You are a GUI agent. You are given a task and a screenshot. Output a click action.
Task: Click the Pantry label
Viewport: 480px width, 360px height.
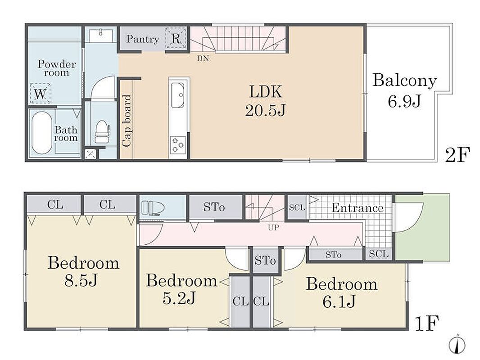click(x=143, y=39)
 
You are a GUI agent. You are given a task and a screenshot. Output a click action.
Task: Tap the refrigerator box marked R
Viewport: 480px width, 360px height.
click(x=176, y=38)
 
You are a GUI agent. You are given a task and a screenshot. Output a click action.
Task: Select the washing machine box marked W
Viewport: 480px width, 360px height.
click(x=40, y=93)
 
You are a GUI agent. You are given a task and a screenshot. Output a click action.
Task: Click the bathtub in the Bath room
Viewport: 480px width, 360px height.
click(x=42, y=132)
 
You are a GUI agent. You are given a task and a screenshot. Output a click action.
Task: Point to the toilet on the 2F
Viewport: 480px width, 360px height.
click(x=102, y=131)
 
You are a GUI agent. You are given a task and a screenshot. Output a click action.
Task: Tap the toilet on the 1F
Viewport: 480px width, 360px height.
click(x=153, y=208)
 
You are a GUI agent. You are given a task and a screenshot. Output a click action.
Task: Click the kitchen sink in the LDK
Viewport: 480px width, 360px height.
click(x=177, y=95)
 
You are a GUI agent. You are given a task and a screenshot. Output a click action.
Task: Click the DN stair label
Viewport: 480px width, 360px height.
click(x=203, y=58)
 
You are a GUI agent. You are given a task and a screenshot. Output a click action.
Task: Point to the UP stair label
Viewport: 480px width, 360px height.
click(x=273, y=228)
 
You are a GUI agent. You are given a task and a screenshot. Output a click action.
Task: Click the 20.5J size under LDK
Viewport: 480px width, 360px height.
click(x=265, y=110)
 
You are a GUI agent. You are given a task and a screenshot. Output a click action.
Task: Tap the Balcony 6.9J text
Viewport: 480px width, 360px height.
click(x=404, y=90)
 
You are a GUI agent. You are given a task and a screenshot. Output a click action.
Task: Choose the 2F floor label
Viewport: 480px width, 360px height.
click(x=457, y=155)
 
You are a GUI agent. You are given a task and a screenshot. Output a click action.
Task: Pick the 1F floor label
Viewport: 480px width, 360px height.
click(x=427, y=323)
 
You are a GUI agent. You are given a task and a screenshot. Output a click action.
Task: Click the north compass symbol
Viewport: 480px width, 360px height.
click(x=457, y=345)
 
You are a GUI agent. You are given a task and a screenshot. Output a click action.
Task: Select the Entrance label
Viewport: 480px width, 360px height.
click(x=358, y=208)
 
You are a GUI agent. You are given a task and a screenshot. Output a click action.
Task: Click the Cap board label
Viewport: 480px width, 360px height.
click(x=127, y=120)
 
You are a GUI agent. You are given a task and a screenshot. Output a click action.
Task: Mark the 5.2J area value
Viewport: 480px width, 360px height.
click(x=179, y=298)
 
